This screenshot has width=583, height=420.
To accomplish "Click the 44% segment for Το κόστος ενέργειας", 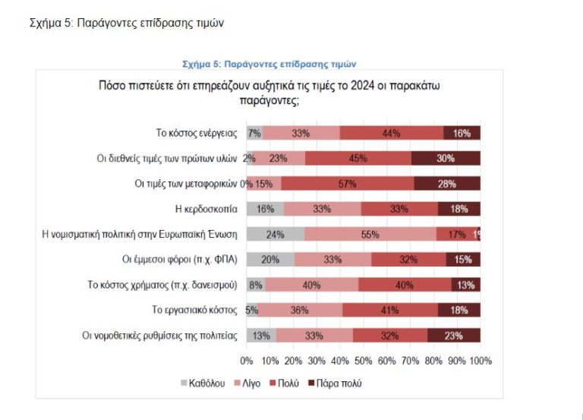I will (x=392, y=133).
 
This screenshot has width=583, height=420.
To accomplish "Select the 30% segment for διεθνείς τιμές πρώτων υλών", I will (x=446, y=158).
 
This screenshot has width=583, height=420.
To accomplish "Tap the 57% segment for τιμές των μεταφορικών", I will (x=348, y=183).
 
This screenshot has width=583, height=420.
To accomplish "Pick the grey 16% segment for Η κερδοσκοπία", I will (x=265, y=209).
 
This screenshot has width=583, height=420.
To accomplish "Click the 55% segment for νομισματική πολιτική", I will (x=370, y=234).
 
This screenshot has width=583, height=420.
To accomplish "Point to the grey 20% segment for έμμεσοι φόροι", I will (x=269, y=259).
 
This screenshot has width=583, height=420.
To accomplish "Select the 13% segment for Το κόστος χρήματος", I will (x=465, y=285).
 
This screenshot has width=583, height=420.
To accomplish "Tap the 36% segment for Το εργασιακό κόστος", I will (x=300, y=310).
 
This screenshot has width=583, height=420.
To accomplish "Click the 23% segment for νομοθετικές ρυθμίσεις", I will (x=454, y=335).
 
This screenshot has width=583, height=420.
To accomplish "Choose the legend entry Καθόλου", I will (x=202, y=383).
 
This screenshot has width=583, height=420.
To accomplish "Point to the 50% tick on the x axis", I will (x=364, y=360).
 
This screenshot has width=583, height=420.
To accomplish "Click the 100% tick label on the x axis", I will (x=481, y=360).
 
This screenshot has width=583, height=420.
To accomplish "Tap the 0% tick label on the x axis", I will (x=247, y=360).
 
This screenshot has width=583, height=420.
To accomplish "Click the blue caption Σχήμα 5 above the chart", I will (x=269, y=64).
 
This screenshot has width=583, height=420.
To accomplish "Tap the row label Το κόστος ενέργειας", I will (x=197, y=133).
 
